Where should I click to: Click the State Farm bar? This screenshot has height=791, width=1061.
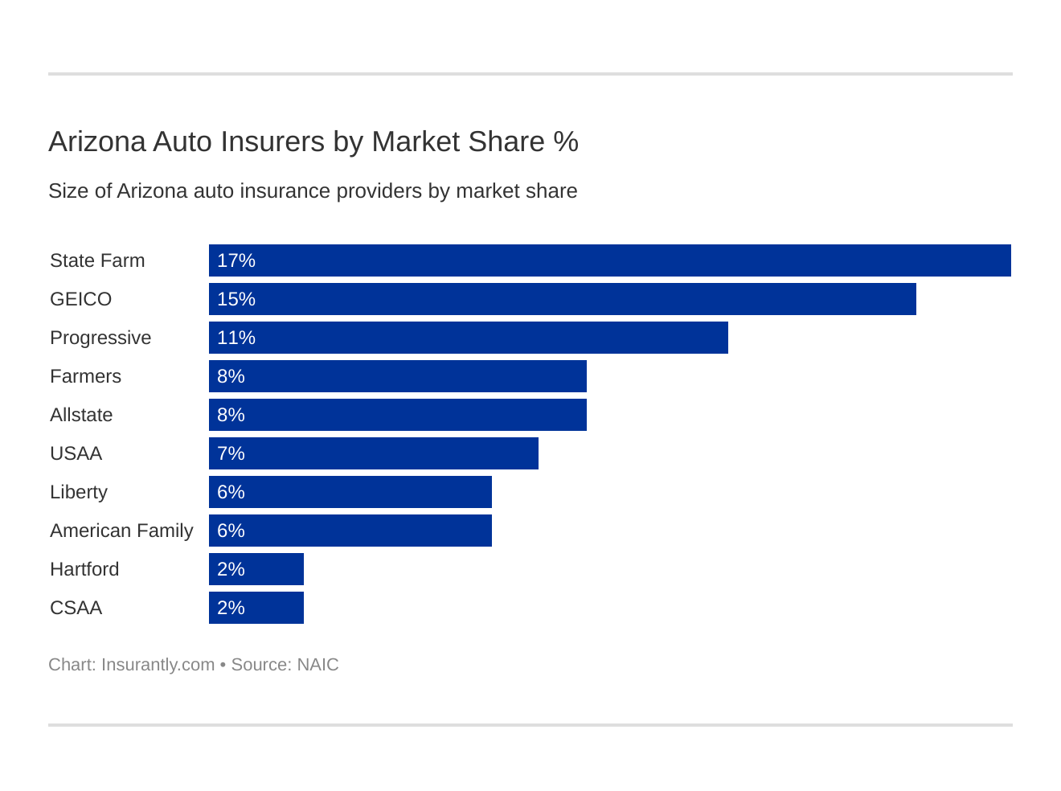coord(609,260)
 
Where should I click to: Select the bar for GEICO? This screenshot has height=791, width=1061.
coord(563,299)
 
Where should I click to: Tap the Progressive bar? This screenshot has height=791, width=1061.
coord(469,338)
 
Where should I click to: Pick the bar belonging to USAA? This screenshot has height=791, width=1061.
coord(374,453)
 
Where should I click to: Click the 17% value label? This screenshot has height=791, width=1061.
coord(236,260)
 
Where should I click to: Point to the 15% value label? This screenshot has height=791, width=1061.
coord(236,299)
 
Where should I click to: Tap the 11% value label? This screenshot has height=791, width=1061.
coord(236,338)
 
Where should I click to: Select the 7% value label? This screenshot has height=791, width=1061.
coord(231,453)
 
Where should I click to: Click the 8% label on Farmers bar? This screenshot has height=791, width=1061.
coord(231,376)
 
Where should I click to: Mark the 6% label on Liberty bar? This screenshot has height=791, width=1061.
coord(231,492)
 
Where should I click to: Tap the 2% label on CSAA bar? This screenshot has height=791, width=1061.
coord(231,608)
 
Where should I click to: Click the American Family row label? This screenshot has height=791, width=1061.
coord(121,531)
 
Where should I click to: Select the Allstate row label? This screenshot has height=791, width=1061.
coord(81,415)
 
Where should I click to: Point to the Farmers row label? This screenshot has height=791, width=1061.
coord(85,376)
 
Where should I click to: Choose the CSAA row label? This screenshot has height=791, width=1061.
coord(76,608)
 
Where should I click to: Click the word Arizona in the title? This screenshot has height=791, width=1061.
coord(96,141)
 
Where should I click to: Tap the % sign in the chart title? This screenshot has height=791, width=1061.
coord(566,141)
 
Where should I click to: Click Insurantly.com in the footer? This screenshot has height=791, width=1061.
coord(158,665)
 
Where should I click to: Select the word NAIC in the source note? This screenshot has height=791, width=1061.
coord(317,665)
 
